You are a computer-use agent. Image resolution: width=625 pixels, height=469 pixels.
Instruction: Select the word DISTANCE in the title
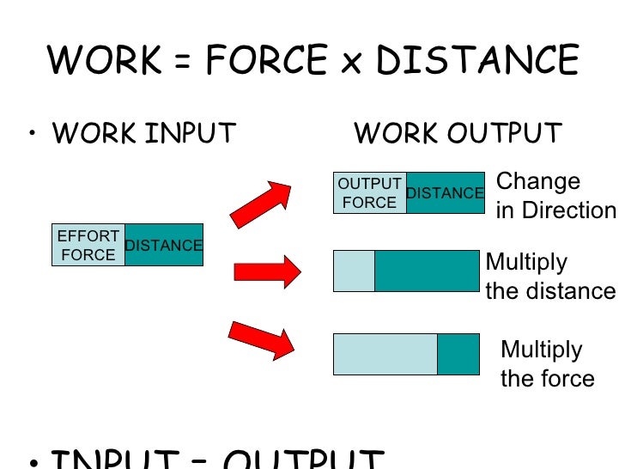tap(477, 61)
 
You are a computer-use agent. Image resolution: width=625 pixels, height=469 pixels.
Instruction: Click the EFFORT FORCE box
tap(88, 245)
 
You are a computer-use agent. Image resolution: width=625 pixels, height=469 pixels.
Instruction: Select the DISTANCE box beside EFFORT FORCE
tap(164, 246)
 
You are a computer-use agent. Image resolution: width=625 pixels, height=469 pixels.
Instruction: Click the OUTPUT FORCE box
tap(369, 193)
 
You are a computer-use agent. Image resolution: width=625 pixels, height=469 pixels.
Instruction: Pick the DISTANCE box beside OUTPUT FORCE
tap(445, 193)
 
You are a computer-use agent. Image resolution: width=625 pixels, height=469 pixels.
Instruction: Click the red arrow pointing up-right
tap(262, 204)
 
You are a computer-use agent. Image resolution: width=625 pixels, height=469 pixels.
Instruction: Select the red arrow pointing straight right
tap(266, 272)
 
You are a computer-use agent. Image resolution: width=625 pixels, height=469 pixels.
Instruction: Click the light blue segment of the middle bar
tap(354, 271)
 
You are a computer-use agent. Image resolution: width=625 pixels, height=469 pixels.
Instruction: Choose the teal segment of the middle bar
tap(427, 271)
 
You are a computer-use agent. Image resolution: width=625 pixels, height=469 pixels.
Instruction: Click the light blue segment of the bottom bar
tap(385, 354)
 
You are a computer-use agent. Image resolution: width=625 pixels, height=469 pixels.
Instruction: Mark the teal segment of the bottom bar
tap(458, 354)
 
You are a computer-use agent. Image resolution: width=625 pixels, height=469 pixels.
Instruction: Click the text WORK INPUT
tap(143, 134)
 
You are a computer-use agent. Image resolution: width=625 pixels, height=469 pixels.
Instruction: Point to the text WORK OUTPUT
tap(458, 134)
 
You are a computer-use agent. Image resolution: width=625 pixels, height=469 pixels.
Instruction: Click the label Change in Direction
tap(555, 196)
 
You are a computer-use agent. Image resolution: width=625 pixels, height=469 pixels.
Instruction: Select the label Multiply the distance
tap(550, 277)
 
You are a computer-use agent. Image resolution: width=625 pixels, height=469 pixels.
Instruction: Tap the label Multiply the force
tap(547, 364)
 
